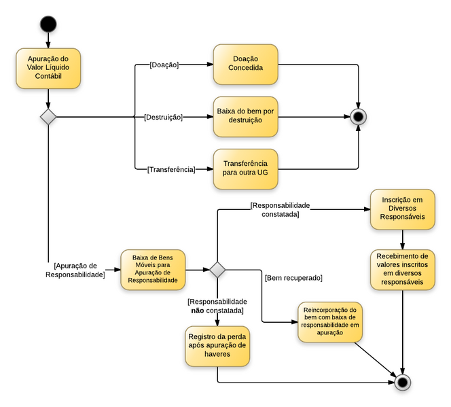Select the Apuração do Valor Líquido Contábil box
coord(48,68)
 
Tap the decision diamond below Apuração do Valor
coord(48,116)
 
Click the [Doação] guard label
coord(163,65)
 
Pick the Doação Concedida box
coord(245,65)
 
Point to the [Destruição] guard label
coord(163,117)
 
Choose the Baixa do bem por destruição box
coord(245,116)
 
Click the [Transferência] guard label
coord(170,169)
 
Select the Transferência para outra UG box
coord(245,168)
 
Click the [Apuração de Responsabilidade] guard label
coord(75,270)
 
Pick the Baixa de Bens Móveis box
coord(153,270)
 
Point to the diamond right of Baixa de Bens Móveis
coord(217,270)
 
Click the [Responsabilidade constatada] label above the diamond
coord(280,209)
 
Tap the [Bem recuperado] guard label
coord(293,277)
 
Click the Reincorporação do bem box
coord(329,322)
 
